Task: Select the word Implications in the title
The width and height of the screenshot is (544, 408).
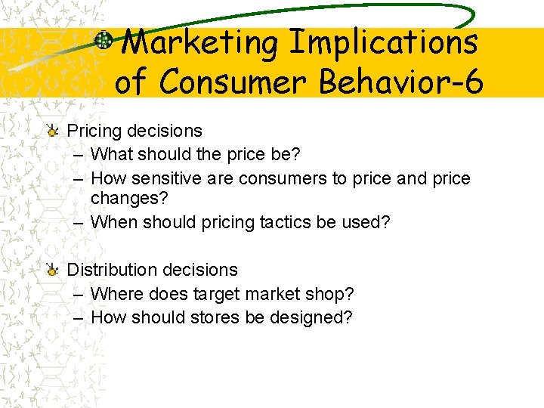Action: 384,43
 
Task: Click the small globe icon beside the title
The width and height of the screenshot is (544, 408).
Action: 104,42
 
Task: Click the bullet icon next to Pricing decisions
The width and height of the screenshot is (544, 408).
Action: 51,131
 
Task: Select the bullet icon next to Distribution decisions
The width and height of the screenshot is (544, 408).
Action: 51,270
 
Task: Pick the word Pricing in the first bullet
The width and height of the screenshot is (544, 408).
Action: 94,131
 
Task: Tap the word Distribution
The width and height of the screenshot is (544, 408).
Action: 114,270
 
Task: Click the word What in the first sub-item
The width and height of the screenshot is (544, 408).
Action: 110,154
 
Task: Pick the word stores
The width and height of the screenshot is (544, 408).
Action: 215,317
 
